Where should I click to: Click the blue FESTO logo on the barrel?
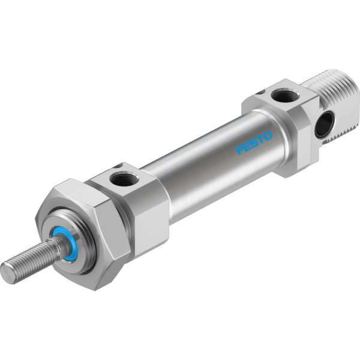[254, 143]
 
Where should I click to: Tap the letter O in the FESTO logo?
[268, 136]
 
